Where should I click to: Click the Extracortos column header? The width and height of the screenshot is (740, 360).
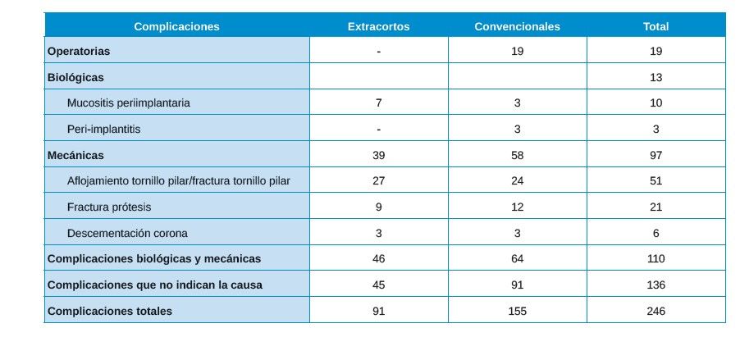tap(378, 26)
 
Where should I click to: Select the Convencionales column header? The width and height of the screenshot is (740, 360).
tap(517, 26)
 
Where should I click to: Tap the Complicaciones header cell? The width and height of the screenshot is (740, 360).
tap(176, 26)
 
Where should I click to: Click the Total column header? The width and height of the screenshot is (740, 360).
tap(655, 26)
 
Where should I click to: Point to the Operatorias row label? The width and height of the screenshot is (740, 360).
tap(79, 51)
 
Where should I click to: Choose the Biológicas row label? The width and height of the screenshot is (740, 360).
tap(75, 77)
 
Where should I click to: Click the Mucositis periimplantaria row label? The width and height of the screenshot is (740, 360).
tap(129, 103)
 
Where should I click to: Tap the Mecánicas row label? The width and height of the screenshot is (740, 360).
tap(75, 155)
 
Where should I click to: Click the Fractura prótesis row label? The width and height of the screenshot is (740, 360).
tap(109, 207)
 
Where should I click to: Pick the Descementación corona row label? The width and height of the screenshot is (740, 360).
tap(127, 233)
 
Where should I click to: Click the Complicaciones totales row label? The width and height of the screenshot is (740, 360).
tap(110, 311)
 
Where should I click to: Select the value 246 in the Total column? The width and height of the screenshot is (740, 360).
tap(655, 311)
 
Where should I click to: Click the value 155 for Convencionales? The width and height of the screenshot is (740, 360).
tap(517, 311)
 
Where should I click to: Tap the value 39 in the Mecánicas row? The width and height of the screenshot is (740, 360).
tap(378, 155)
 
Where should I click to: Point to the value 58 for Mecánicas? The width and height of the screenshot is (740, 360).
tap(517, 155)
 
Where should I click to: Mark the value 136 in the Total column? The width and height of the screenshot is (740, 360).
tap(655, 285)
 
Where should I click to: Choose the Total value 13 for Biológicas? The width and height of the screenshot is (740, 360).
tap(655, 77)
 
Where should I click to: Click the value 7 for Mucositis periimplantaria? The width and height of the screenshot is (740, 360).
tap(378, 103)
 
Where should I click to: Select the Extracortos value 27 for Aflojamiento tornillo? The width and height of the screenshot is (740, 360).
tap(378, 180)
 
